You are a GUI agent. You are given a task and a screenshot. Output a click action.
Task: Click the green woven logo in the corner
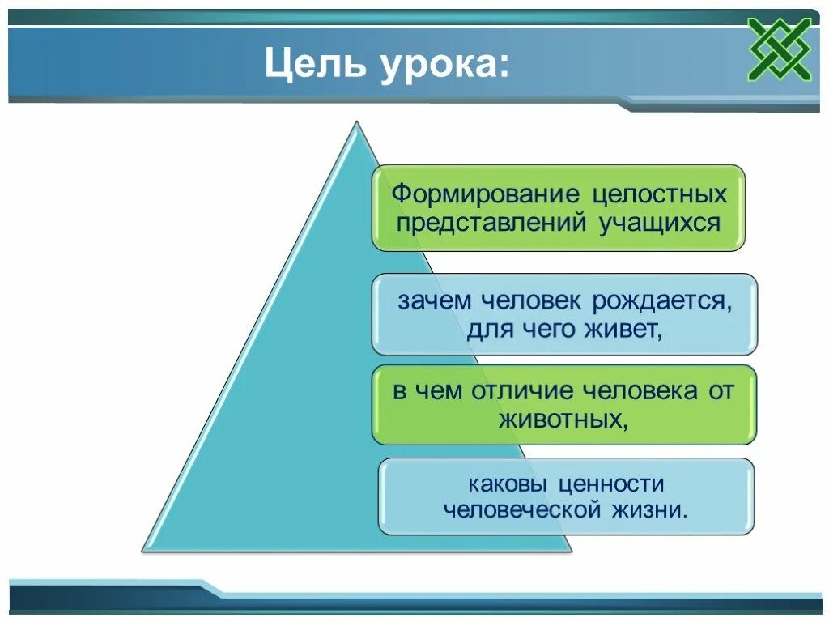tap(780, 49)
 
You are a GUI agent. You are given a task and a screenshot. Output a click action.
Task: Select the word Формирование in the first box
tap(487, 194)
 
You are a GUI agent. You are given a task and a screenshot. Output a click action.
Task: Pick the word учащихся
tap(660, 222)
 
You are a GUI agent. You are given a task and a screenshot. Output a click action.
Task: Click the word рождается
tap(662, 301)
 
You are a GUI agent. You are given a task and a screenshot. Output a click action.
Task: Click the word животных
tap(563, 420)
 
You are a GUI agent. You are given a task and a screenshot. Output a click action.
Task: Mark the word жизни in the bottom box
tap(651, 510)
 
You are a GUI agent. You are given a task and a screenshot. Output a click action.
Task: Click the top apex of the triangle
tap(356, 124)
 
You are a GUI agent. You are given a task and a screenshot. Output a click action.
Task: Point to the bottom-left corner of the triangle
tap(144, 550)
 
